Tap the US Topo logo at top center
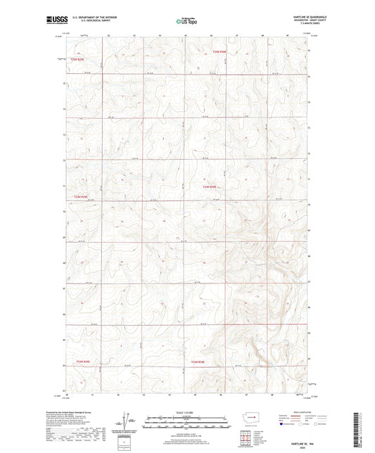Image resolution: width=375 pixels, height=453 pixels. tap(187, 21)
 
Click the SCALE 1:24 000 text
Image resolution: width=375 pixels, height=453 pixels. tap(187, 411)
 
